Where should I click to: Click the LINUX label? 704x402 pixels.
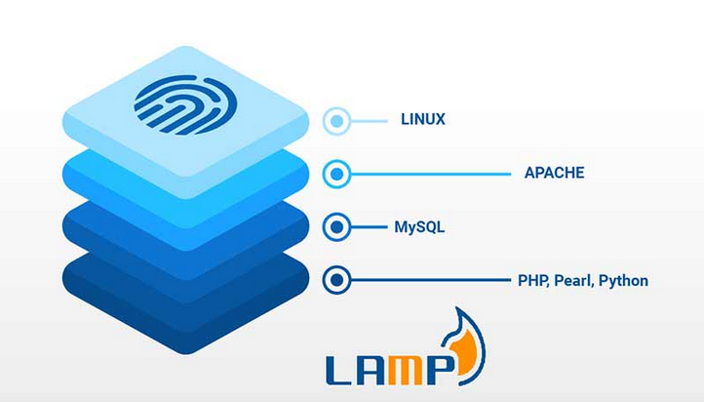point(423,119)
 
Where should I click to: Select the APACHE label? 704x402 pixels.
point(555,173)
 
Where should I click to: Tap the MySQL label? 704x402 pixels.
point(419,227)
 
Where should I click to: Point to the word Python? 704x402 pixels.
point(624,281)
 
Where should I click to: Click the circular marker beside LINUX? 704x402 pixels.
point(336,121)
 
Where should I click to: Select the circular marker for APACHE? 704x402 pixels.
point(336,174)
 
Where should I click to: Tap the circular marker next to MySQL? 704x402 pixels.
point(336,227)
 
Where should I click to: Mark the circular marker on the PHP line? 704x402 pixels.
point(336,280)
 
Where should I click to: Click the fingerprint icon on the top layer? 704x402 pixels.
point(185,104)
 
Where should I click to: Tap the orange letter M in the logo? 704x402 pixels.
point(406,370)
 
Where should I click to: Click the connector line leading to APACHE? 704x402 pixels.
point(431,174)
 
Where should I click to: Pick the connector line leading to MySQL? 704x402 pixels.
point(369,227)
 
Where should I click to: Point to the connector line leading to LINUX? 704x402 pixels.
point(369,121)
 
